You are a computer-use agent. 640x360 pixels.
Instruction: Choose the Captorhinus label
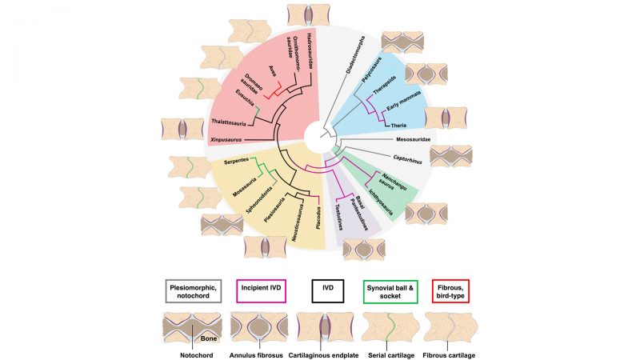click(410, 158)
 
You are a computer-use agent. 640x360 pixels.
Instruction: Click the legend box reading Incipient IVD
click(260, 292)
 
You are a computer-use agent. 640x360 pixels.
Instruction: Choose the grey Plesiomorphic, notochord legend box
click(194, 291)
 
